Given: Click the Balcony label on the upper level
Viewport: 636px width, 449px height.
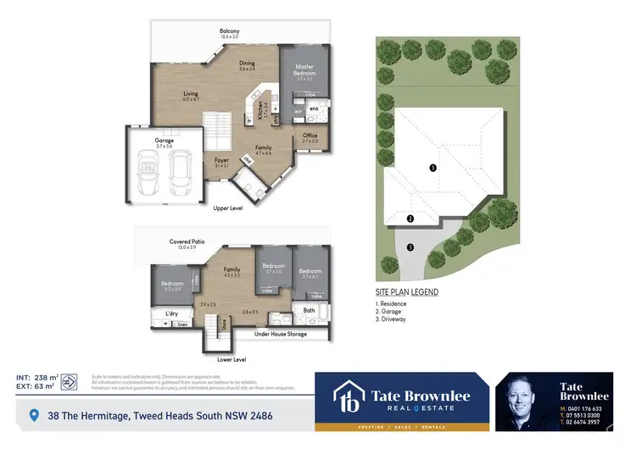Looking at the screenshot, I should click(230, 31).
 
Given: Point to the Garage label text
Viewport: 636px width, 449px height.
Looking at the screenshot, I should click(164, 141).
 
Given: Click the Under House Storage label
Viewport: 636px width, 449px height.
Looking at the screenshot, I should click(281, 335).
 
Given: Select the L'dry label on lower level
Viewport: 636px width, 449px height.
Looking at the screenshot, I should click(171, 314).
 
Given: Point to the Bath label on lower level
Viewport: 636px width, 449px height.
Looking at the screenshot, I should click(310, 311).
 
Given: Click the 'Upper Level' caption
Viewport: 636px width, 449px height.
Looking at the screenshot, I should click(227, 208).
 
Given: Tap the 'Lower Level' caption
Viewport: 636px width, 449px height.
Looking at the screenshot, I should click(230, 359).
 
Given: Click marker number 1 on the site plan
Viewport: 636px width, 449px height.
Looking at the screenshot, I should click(432, 168).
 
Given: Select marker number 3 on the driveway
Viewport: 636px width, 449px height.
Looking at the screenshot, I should click(410, 247).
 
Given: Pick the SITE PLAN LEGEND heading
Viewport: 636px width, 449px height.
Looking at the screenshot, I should click(407, 292).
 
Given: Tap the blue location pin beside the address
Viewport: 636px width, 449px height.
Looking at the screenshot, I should click(34, 415).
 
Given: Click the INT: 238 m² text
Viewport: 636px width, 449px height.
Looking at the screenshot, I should click(36, 377).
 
